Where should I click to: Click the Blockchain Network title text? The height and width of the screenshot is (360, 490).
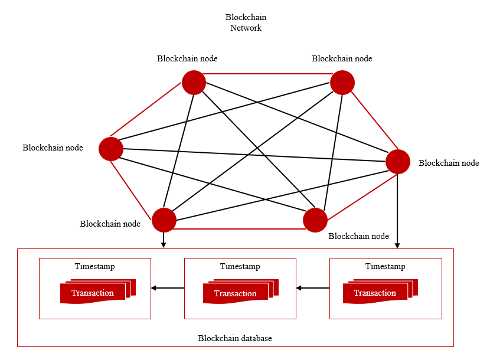(246, 22)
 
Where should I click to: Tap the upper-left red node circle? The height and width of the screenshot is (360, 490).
(194, 83)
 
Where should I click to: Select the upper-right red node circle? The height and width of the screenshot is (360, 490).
(342, 83)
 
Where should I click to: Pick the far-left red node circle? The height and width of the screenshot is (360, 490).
(110, 149)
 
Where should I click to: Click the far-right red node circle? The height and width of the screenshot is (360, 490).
(398, 162)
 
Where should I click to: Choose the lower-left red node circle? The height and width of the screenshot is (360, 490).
(164, 220)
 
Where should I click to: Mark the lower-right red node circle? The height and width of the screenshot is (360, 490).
(315, 220)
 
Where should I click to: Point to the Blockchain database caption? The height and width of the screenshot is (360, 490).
(235, 338)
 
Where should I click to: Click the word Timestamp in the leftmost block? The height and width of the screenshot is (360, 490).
(94, 267)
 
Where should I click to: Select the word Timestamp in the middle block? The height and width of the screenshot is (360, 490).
(240, 267)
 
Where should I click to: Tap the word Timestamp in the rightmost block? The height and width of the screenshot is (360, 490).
(385, 267)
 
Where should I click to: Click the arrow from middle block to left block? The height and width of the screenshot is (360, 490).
(168, 288)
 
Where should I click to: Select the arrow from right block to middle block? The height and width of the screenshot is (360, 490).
(313, 288)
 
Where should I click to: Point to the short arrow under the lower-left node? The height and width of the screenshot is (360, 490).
(164, 240)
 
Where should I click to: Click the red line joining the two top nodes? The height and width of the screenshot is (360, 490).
(268, 74)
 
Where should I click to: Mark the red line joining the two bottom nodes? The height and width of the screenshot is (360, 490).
(240, 228)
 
